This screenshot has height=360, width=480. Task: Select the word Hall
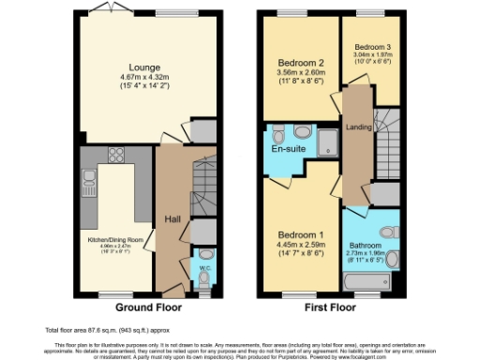(x=172, y=218)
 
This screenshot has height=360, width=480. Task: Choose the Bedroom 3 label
(x=372, y=46)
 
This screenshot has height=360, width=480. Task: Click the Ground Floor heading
(x=148, y=307)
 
